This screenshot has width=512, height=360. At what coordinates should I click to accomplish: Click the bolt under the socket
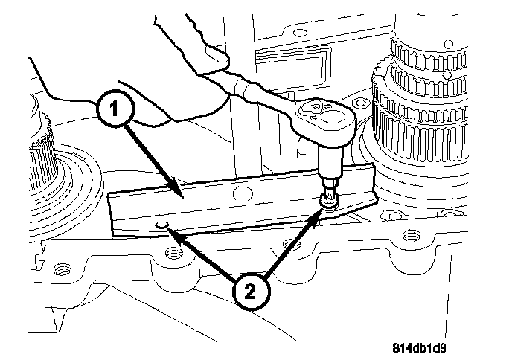(327, 199)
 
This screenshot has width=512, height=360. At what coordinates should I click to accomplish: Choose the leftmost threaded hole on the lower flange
(62, 267)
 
